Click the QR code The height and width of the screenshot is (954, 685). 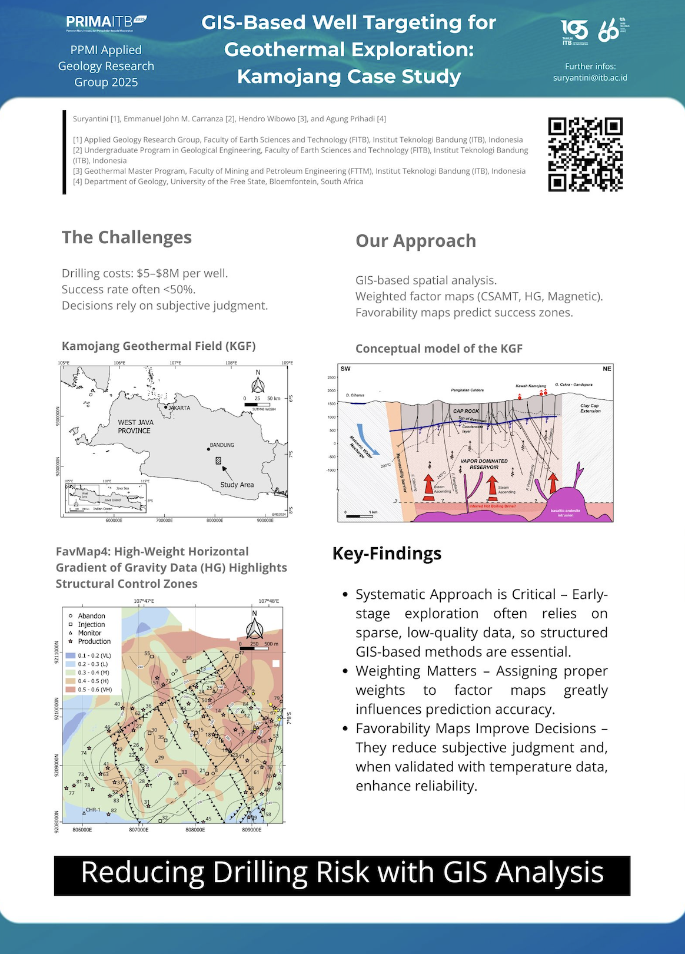(585, 155)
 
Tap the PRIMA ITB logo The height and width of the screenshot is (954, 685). (106, 22)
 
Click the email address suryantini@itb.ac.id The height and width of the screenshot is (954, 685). (590, 78)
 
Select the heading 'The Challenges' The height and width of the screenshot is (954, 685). (127, 237)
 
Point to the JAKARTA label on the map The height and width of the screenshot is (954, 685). (179, 408)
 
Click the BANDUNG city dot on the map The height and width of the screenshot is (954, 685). (208, 449)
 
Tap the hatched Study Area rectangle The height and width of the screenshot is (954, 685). (218, 461)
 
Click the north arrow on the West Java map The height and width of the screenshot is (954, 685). (258, 383)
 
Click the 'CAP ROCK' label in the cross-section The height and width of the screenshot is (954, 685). (466, 411)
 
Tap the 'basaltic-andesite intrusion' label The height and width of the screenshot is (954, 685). (565, 512)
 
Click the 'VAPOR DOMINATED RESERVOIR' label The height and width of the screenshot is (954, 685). (484, 464)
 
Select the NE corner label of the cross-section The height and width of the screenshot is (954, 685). (607, 369)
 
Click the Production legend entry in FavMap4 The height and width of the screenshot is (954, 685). (94, 641)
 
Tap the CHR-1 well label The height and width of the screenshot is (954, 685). (93, 810)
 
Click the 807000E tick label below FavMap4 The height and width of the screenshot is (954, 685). (139, 830)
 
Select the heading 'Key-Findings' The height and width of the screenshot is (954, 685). (387, 554)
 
